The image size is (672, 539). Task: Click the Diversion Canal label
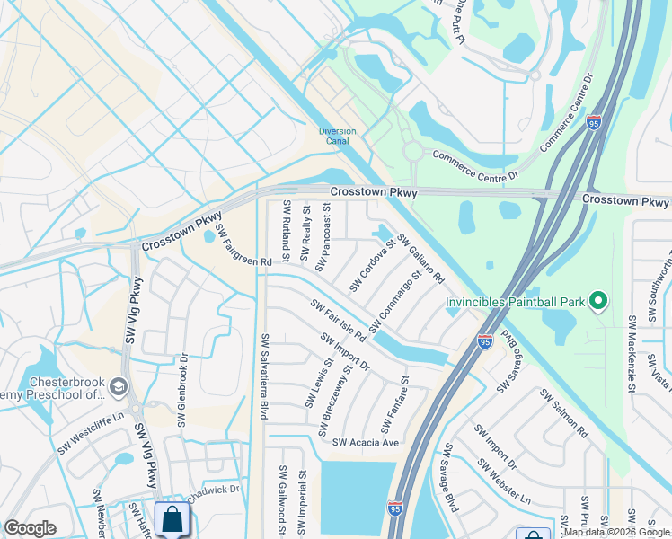point(338,137)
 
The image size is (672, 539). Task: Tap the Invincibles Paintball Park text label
point(516,302)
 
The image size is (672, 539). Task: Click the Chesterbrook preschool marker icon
point(119,386)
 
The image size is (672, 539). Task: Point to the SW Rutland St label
point(287,225)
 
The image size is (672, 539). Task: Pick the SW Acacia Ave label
point(365,443)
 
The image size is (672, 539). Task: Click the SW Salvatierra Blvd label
point(264,376)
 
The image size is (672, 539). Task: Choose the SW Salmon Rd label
point(563,414)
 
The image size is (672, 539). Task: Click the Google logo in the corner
point(31,528)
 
